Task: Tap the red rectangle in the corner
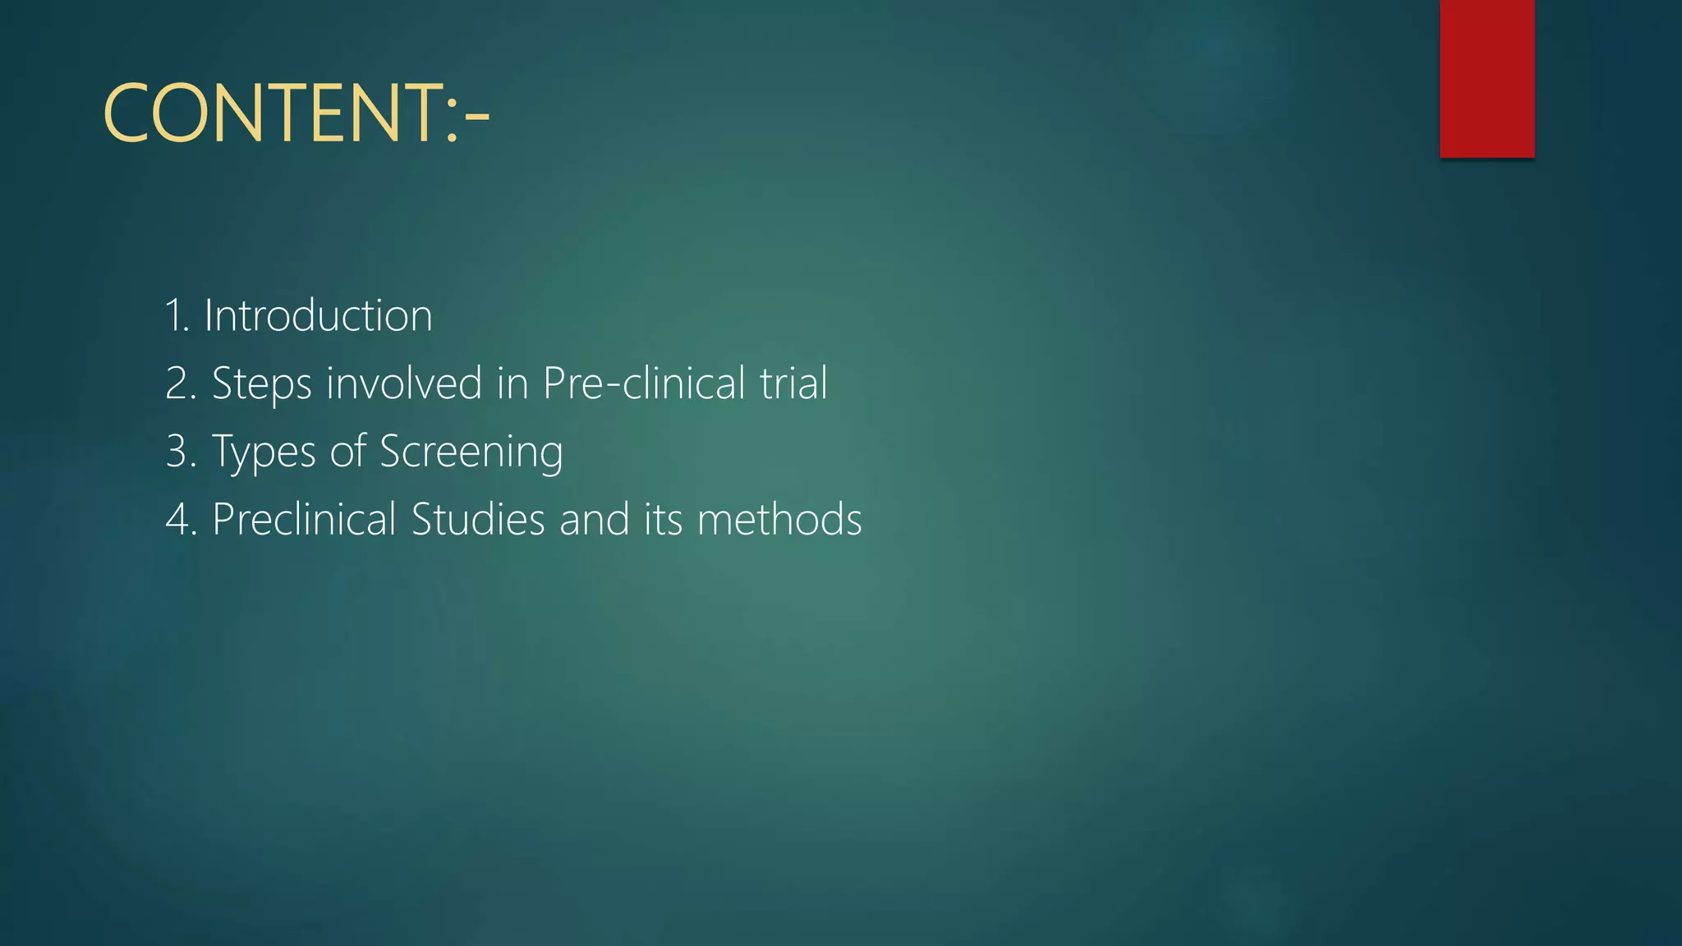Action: point(1487,78)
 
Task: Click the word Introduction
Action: point(318,316)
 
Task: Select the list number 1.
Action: point(175,316)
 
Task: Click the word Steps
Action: point(261,384)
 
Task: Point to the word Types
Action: point(264,452)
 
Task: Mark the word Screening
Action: point(471,452)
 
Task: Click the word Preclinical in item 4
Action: point(304,521)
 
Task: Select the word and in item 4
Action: point(594,521)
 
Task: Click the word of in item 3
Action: point(347,452)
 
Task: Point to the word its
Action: point(663,521)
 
